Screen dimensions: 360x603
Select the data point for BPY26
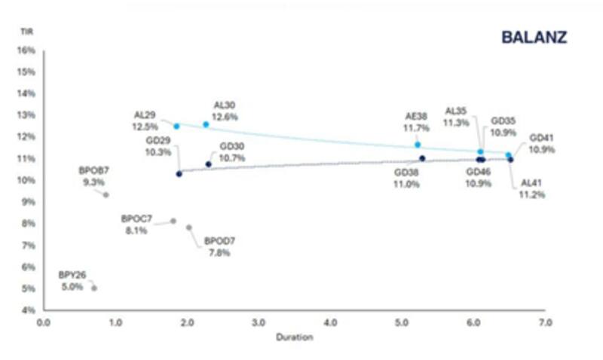coord(94,288)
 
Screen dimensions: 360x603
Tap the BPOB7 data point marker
coord(106,194)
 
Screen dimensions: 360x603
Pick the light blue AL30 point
coord(206,124)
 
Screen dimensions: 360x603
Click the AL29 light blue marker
coord(176,127)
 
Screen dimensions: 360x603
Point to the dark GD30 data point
coord(209,164)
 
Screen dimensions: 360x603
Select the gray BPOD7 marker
coord(188,227)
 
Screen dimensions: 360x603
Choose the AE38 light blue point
coord(418,145)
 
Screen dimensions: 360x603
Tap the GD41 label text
coord(542,139)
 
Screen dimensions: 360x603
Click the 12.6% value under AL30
coord(226,117)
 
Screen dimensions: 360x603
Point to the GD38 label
coord(407,172)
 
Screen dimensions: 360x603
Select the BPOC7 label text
coord(136,218)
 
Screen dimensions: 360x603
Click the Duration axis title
coord(295,337)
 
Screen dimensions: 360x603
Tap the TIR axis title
coord(26,32)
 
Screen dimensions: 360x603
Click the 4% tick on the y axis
coord(29,310)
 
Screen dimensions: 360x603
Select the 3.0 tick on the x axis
coord(258,322)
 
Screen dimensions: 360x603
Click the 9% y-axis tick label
coord(29,202)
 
